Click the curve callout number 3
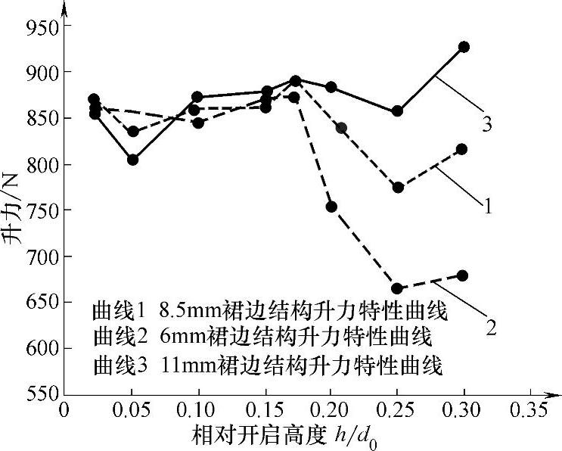486,124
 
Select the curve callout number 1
488,204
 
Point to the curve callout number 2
491,328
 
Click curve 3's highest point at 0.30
464,47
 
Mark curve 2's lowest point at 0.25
397,288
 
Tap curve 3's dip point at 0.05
132,160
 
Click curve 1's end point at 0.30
461,149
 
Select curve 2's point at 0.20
331,207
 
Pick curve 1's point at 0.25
398,188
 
